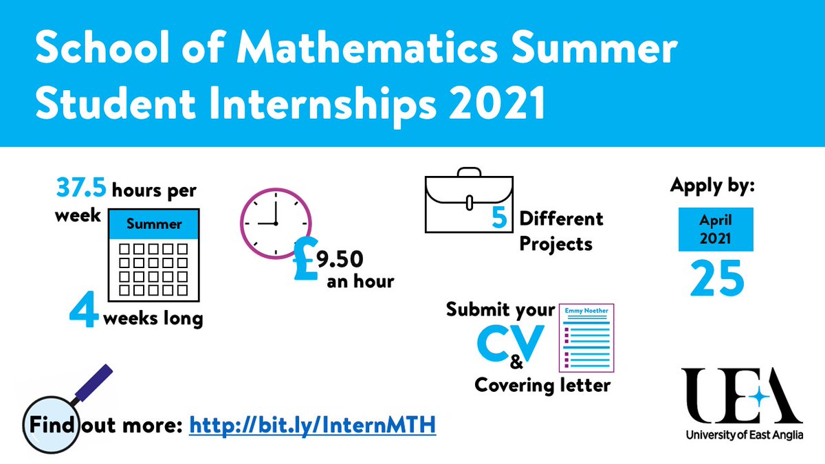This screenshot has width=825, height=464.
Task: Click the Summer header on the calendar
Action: (x=155, y=224)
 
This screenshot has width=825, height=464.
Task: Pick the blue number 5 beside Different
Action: (x=500, y=219)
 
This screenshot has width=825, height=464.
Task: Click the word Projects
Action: (x=555, y=244)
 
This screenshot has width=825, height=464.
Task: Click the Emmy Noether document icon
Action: (x=586, y=337)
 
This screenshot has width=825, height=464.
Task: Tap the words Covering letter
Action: (x=542, y=385)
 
